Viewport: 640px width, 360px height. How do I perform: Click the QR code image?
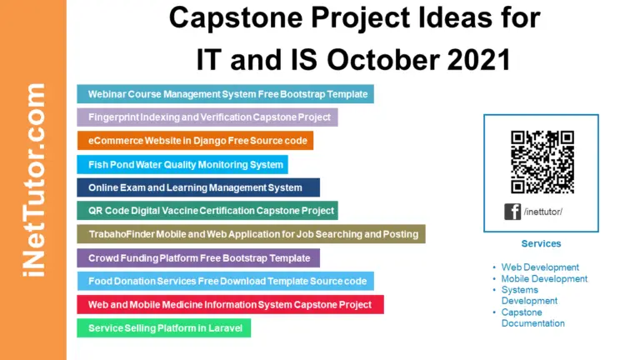pyautogui.click(x=542, y=162)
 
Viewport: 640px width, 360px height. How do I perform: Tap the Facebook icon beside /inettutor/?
pyautogui.click(x=512, y=212)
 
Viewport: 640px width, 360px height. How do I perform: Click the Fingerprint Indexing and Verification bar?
pyautogui.click(x=207, y=117)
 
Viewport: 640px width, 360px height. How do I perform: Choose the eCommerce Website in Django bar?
pyautogui.click(x=195, y=141)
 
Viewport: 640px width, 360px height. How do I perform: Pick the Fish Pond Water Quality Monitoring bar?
pyautogui.click(x=182, y=164)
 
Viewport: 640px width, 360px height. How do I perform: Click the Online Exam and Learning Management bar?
pyautogui.click(x=198, y=187)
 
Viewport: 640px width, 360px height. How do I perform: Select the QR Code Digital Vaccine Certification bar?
pyautogui.click(x=207, y=211)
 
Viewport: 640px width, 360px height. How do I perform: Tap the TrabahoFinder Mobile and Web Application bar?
pyautogui.click(x=251, y=234)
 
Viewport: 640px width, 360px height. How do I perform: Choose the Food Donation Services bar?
pyautogui.click(x=225, y=281)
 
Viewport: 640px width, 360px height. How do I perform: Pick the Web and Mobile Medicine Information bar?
pyautogui.click(x=230, y=304)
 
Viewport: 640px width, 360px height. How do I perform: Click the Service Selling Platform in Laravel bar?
pyautogui.click(x=163, y=328)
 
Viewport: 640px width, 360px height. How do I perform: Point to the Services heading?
pyautogui.click(x=541, y=244)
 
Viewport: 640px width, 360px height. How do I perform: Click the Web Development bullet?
pyautogui.click(x=539, y=267)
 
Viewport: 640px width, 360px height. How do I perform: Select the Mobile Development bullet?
pyautogui.click(x=544, y=279)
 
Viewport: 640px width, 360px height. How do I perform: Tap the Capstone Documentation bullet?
pyautogui.click(x=532, y=317)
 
